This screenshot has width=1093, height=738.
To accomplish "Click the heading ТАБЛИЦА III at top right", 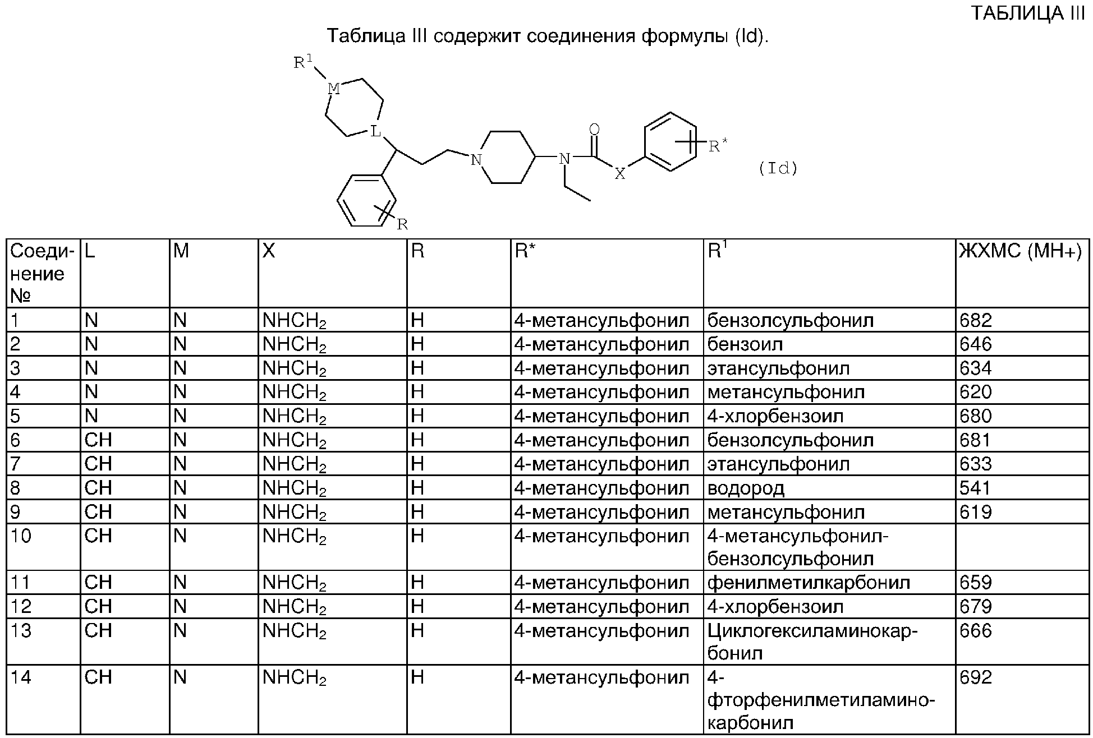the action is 1028,13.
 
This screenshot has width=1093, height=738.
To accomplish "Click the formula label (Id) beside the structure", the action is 778,168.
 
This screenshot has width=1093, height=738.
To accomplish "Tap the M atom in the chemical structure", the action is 333,89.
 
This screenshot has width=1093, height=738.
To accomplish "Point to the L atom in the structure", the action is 375,132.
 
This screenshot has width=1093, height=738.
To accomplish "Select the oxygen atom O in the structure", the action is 594,130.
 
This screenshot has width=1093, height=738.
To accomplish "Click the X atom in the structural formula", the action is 619,174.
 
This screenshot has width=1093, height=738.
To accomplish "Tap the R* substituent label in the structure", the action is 718,147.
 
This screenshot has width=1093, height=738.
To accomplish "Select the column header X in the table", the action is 269,251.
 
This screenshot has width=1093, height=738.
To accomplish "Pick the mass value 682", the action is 976,321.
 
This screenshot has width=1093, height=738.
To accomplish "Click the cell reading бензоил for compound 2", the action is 745,344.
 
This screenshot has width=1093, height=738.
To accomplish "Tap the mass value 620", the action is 976,392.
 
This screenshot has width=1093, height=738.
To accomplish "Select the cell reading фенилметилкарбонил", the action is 809,583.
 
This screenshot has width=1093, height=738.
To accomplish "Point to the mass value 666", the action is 976,631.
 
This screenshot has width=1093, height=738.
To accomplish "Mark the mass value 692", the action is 976,678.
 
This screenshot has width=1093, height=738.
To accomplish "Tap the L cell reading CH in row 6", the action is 98,440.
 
